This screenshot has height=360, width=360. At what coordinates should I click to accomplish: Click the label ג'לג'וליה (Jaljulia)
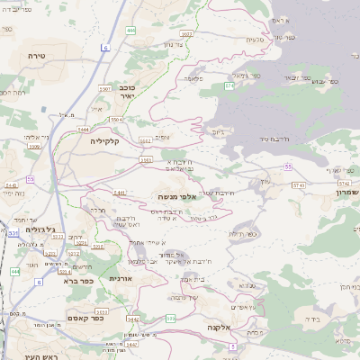[x=40, y=229]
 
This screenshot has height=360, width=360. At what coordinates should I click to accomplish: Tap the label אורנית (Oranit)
[x=121, y=278]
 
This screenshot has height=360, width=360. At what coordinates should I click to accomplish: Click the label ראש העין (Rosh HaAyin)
[x=41, y=356]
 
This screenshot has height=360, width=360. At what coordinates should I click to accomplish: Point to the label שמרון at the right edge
[x=347, y=192]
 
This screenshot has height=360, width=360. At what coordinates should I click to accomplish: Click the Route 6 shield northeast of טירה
[x=105, y=47]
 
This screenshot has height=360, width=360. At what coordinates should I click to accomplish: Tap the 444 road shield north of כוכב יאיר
[x=131, y=30]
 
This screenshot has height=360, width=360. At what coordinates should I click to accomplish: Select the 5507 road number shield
[x=105, y=89]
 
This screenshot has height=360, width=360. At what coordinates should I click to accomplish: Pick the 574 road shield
[x=229, y=87]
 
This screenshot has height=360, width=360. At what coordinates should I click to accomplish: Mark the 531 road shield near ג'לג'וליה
[x=13, y=233]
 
